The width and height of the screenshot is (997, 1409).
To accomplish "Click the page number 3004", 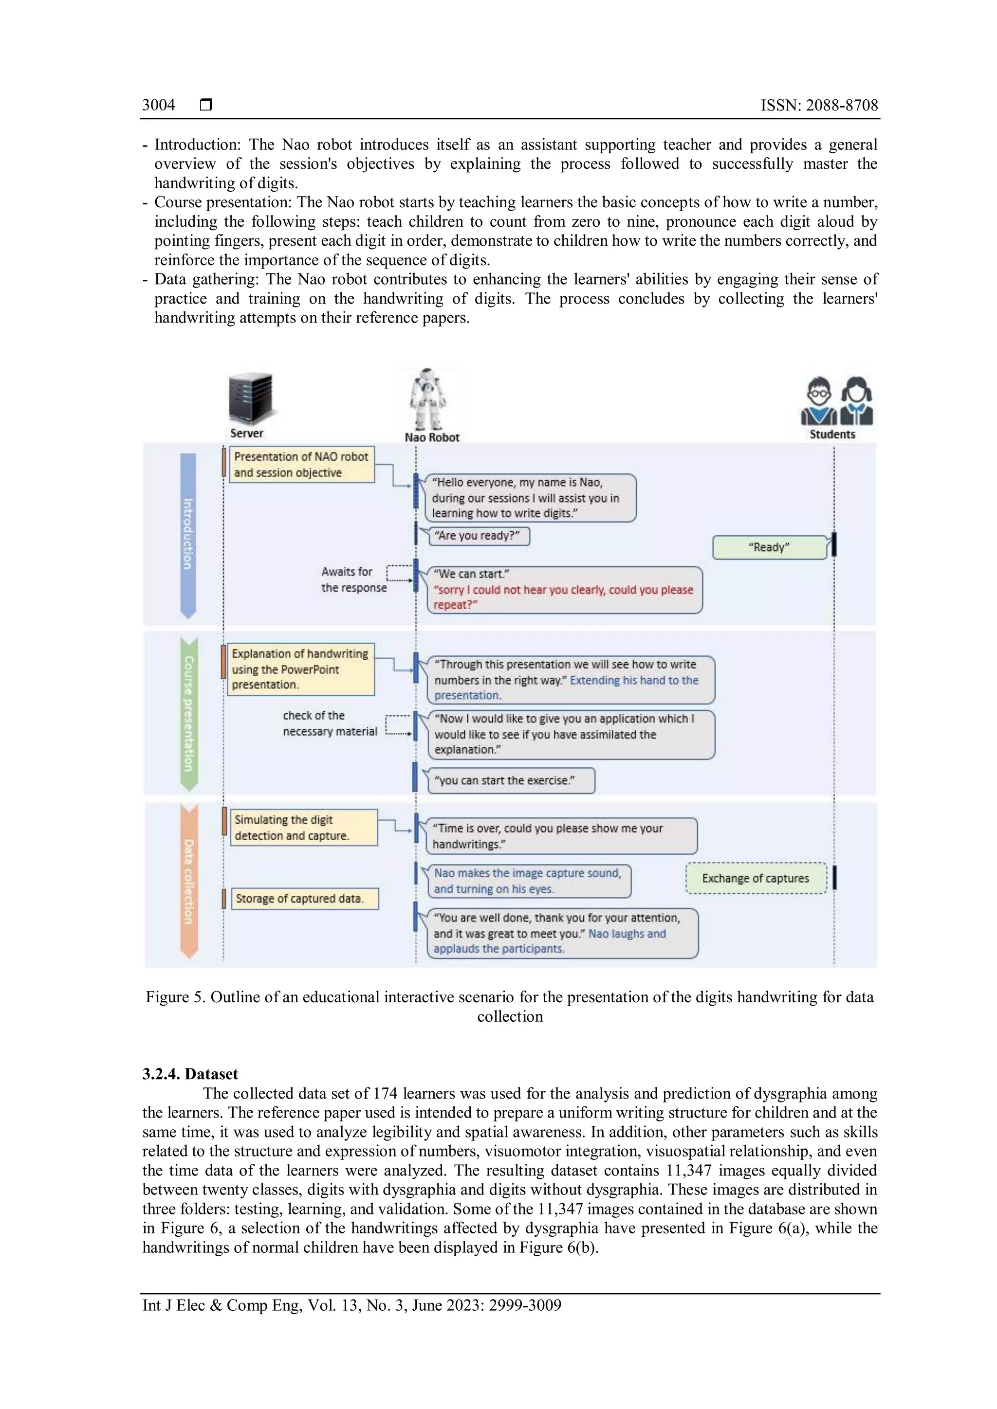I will point(158,105).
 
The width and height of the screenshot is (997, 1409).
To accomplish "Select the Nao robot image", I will point(427,398).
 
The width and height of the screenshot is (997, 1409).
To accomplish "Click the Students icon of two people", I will point(836,401).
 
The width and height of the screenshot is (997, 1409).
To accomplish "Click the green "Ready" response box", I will point(769,547).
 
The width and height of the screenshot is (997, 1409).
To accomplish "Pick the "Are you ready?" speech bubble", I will point(478,536).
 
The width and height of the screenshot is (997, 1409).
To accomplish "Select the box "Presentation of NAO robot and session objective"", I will point(301,465).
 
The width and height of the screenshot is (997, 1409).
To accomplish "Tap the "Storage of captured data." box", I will point(304,899).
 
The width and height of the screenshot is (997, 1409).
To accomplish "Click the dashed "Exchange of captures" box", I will point(756,878).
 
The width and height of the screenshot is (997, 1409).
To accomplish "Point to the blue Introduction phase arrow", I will point(188,534).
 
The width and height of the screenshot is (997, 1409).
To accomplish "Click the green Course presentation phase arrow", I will point(188,714).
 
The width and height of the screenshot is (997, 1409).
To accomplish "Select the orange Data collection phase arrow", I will point(188,882).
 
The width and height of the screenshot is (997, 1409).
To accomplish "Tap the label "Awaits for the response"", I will point(353,579).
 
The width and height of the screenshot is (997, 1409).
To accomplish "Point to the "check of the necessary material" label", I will point(330,723).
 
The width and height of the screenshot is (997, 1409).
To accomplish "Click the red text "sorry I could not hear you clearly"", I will point(562,590).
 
